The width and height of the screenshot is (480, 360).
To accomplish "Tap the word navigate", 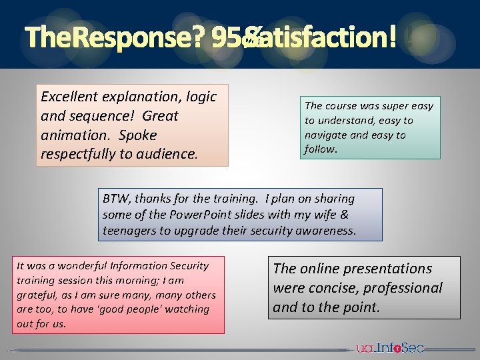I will (325, 135).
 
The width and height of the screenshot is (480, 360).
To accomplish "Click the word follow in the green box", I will (320, 149).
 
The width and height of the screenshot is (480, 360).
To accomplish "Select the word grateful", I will (36, 295).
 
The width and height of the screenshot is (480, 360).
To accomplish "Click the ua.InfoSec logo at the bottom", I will (389, 347).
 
